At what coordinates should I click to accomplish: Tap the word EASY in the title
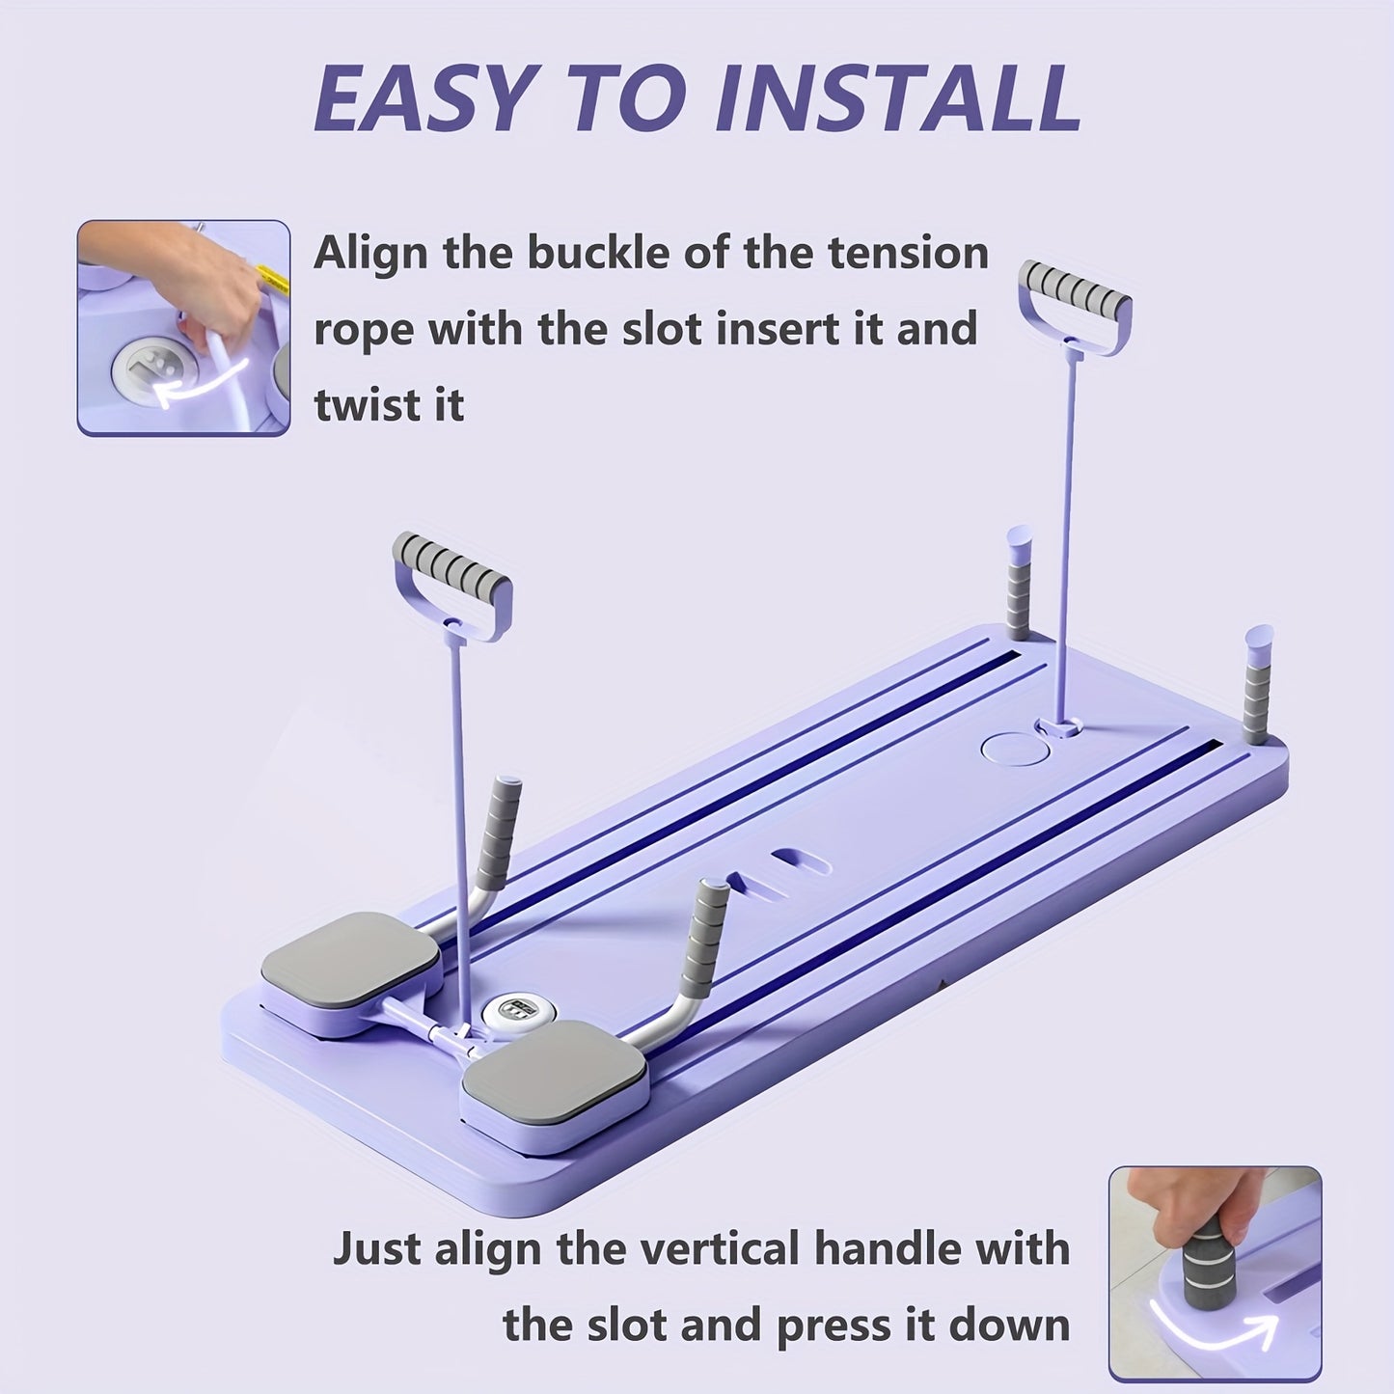(x=422, y=98)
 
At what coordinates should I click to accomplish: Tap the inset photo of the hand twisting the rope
(x=183, y=328)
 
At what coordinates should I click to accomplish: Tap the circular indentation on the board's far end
(x=1014, y=748)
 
